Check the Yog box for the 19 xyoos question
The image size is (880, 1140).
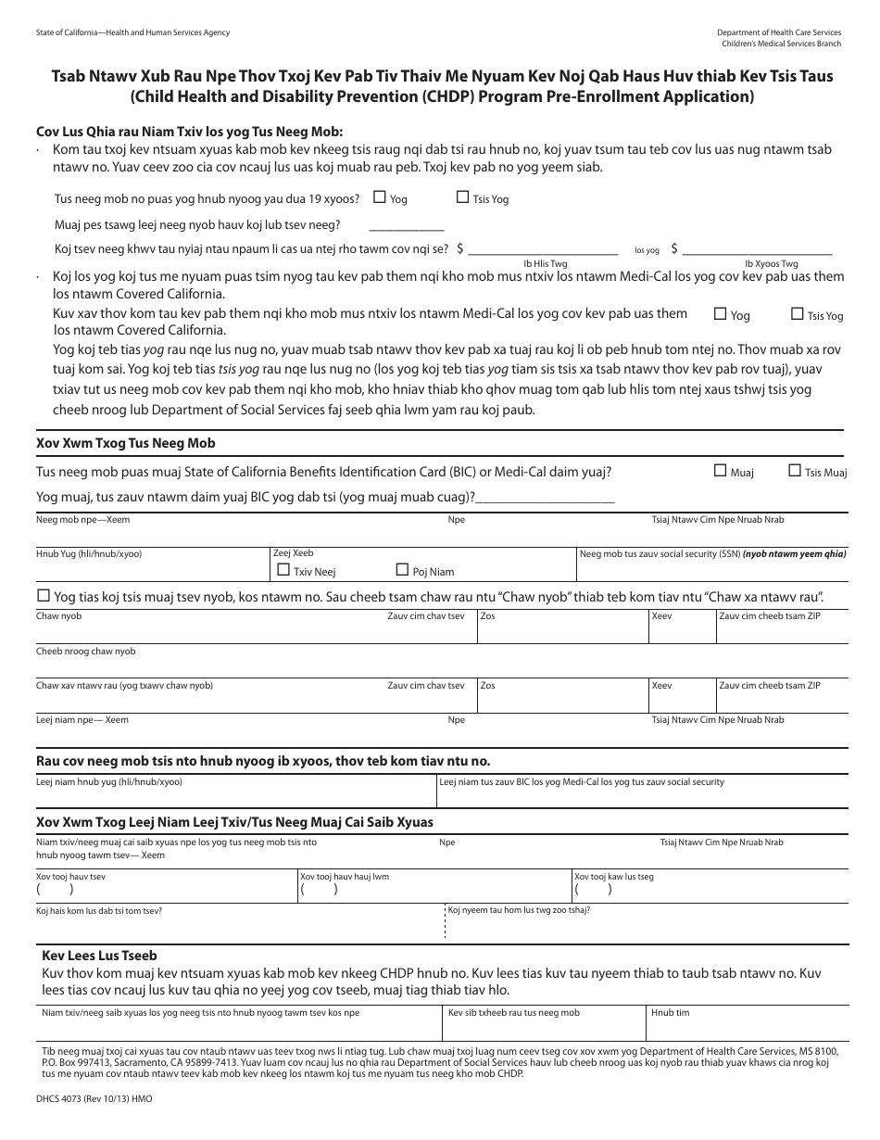click(x=379, y=197)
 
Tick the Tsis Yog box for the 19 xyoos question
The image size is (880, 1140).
click(x=462, y=197)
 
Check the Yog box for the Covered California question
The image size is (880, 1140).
click(x=720, y=314)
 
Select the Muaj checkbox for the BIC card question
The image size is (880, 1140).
click(x=720, y=471)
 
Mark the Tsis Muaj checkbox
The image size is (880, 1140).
click(x=795, y=471)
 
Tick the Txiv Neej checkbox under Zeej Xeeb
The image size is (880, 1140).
click(x=283, y=570)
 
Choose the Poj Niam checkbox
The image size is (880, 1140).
click(x=402, y=570)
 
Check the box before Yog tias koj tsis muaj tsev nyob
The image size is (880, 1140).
click(x=43, y=595)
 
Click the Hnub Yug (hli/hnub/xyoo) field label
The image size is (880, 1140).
click(x=89, y=553)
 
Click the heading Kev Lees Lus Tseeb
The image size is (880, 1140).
click(x=99, y=956)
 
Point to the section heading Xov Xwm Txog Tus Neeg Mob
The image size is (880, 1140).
click(x=125, y=444)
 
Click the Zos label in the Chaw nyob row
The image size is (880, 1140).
click(x=487, y=616)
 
